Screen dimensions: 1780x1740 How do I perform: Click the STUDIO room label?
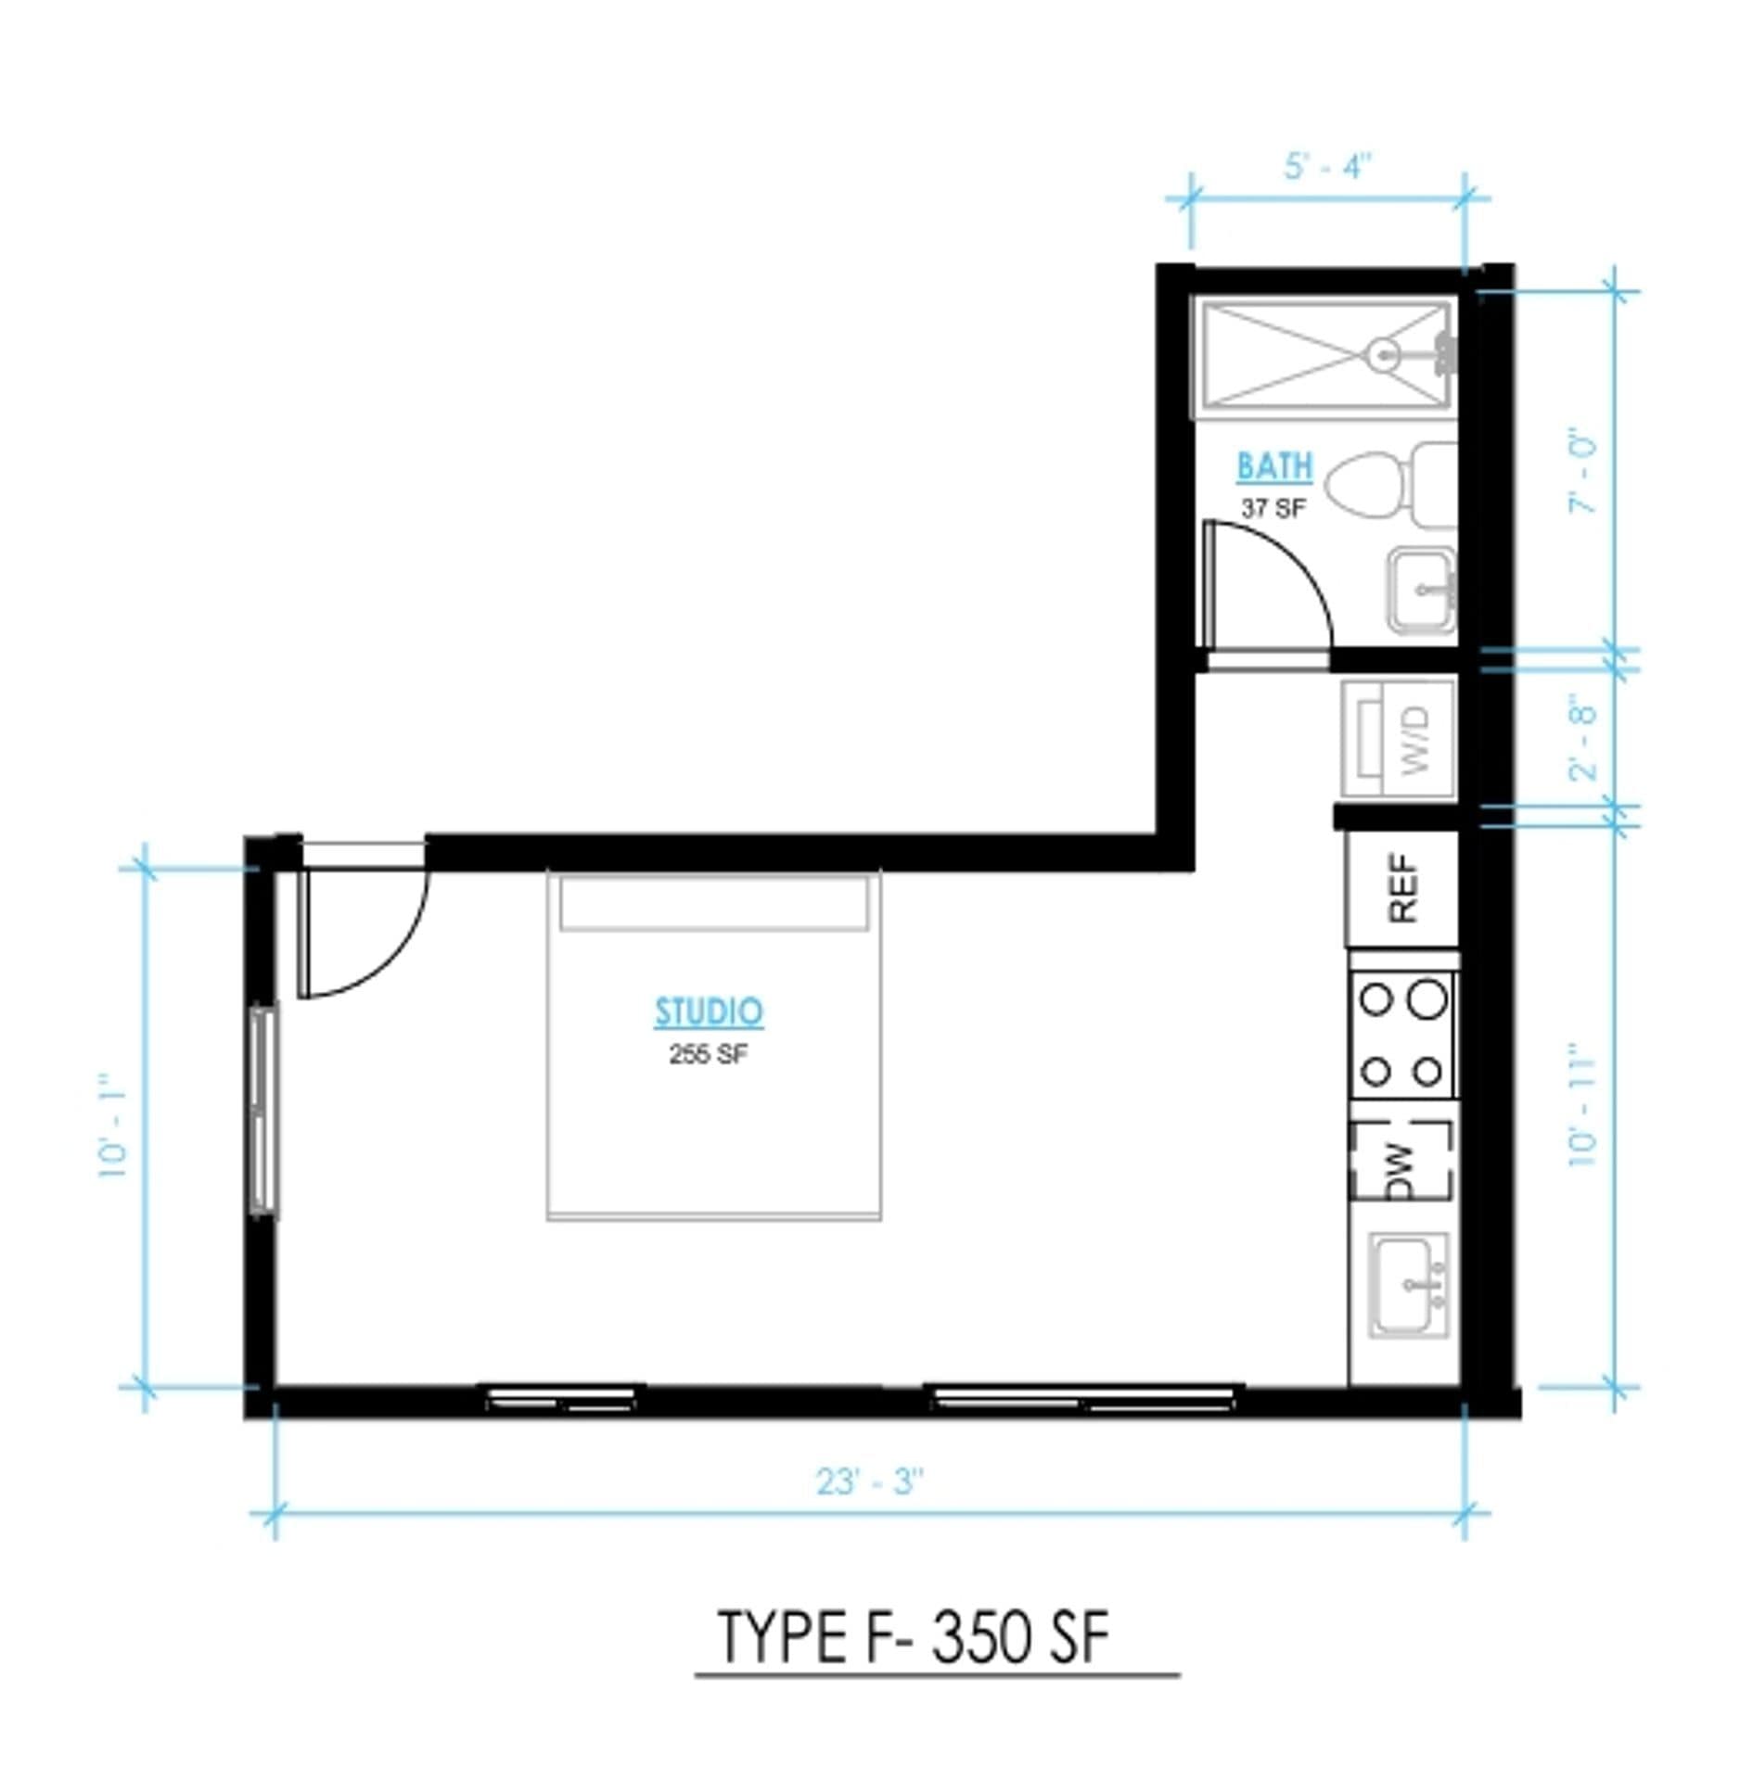click(709, 1011)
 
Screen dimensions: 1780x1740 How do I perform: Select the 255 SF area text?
click(708, 1054)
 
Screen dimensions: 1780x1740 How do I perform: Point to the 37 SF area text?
click(1273, 508)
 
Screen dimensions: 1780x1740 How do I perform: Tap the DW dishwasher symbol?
click(1401, 1161)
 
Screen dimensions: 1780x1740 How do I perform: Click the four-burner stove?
click(1402, 1035)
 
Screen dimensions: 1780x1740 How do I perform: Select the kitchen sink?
click(1408, 1284)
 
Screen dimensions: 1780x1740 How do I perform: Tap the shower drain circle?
click(1384, 353)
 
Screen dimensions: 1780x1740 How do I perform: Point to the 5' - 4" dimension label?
click(1327, 167)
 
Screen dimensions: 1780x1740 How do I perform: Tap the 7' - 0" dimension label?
click(1584, 471)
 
